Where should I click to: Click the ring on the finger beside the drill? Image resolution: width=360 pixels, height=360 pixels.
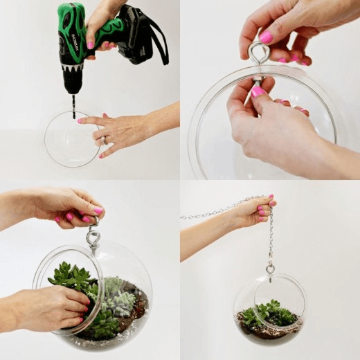pos(105,140)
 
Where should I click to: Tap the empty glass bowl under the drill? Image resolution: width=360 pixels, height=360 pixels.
pos(69,142)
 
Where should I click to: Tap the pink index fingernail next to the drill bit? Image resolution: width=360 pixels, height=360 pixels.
pos(80,121)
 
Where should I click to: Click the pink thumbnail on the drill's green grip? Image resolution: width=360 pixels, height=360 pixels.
pos(90,45)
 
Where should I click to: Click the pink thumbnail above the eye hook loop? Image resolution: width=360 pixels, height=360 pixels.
pos(265,37)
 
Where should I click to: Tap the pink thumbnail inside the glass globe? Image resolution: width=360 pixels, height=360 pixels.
pos(258,91)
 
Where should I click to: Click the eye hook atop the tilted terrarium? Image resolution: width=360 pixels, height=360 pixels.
pos(93,238)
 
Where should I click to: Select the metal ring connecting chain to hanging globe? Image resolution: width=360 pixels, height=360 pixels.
pos(270,268)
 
